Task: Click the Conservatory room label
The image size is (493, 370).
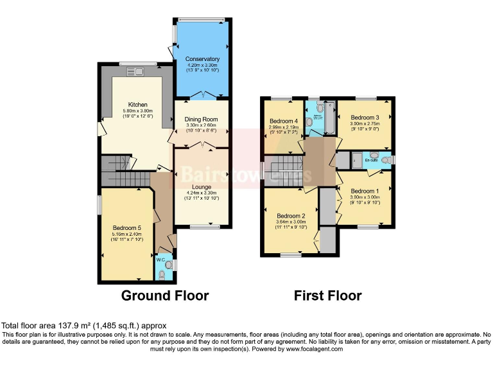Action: [202, 60]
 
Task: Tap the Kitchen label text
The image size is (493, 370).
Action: [137, 105]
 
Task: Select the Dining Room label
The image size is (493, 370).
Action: [202, 119]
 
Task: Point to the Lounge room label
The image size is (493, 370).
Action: [202, 187]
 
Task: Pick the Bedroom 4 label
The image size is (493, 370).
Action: [283, 121]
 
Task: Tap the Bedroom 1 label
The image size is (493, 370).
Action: [365, 191]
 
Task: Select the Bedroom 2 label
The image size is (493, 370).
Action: [290, 216]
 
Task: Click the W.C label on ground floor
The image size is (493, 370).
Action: [160, 260]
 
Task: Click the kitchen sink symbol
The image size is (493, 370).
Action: [137, 71]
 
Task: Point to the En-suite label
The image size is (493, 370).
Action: [371, 159]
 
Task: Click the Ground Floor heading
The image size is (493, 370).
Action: [166, 296]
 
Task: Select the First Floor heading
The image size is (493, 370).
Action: [327, 296]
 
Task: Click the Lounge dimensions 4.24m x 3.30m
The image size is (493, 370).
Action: [202, 193]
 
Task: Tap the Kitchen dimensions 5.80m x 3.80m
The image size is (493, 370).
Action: [137, 110]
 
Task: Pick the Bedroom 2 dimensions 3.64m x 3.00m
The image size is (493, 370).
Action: [290, 222]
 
